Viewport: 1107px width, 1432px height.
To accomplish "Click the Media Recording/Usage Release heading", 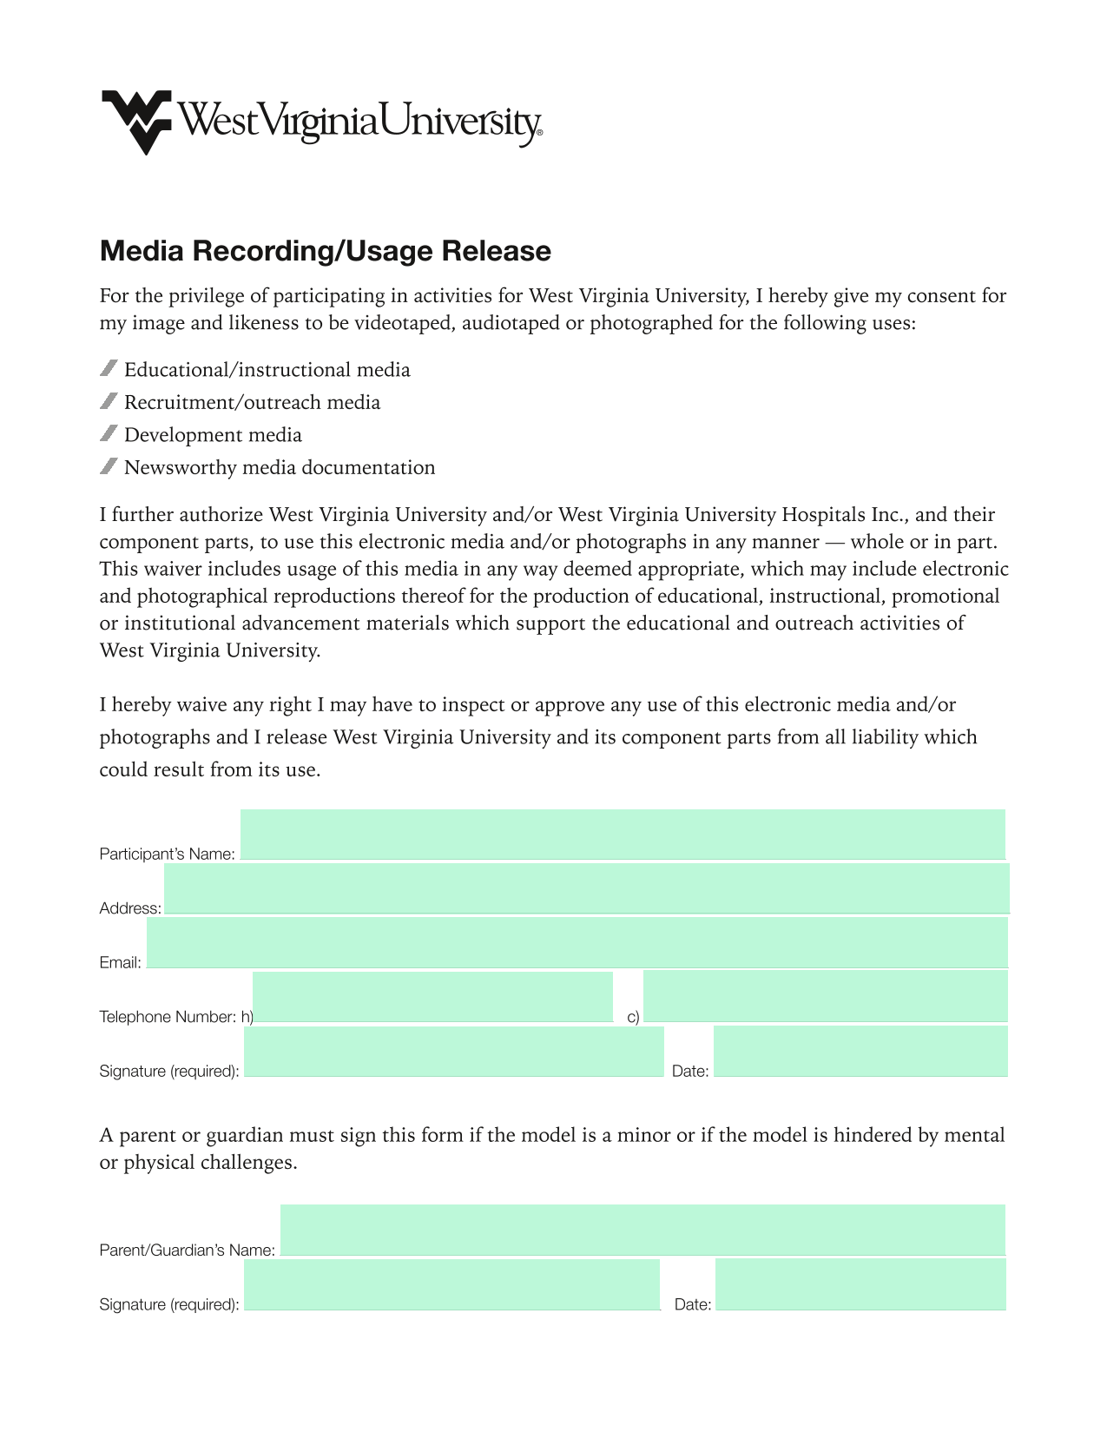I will pyautogui.click(x=326, y=251).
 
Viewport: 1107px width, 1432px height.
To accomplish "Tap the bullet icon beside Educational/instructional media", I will pyautogui.click(x=109, y=369).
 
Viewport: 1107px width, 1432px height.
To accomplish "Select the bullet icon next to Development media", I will pyautogui.click(x=109, y=433).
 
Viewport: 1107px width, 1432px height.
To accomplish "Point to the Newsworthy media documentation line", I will pyautogui.click(x=280, y=468).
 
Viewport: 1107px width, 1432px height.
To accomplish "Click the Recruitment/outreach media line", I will pyautogui.click(x=252, y=403).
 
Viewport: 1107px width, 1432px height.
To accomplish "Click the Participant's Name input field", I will pyautogui.click(x=623, y=835).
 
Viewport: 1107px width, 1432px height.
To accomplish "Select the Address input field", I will pyautogui.click(x=587, y=888).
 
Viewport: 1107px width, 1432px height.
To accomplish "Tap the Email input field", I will pyautogui.click(x=577, y=943).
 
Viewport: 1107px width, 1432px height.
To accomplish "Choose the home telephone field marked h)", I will pyautogui.click(x=432, y=997).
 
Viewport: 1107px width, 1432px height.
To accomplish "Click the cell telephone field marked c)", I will pyautogui.click(x=826, y=997).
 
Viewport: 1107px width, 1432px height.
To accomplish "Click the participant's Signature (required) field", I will pyautogui.click(x=454, y=1052).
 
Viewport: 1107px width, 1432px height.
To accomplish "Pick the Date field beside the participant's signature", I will pyautogui.click(x=860, y=1052).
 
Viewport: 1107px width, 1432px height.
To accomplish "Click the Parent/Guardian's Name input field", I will pyautogui.click(x=642, y=1230).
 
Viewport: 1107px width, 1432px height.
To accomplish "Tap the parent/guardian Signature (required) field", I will pyautogui.click(x=451, y=1284).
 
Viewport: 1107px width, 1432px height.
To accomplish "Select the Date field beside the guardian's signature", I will pyautogui.click(x=860, y=1284).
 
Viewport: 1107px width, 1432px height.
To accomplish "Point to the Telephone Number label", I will pyautogui.click(x=168, y=1017).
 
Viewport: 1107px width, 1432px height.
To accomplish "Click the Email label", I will pyautogui.click(x=120, y=963).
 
